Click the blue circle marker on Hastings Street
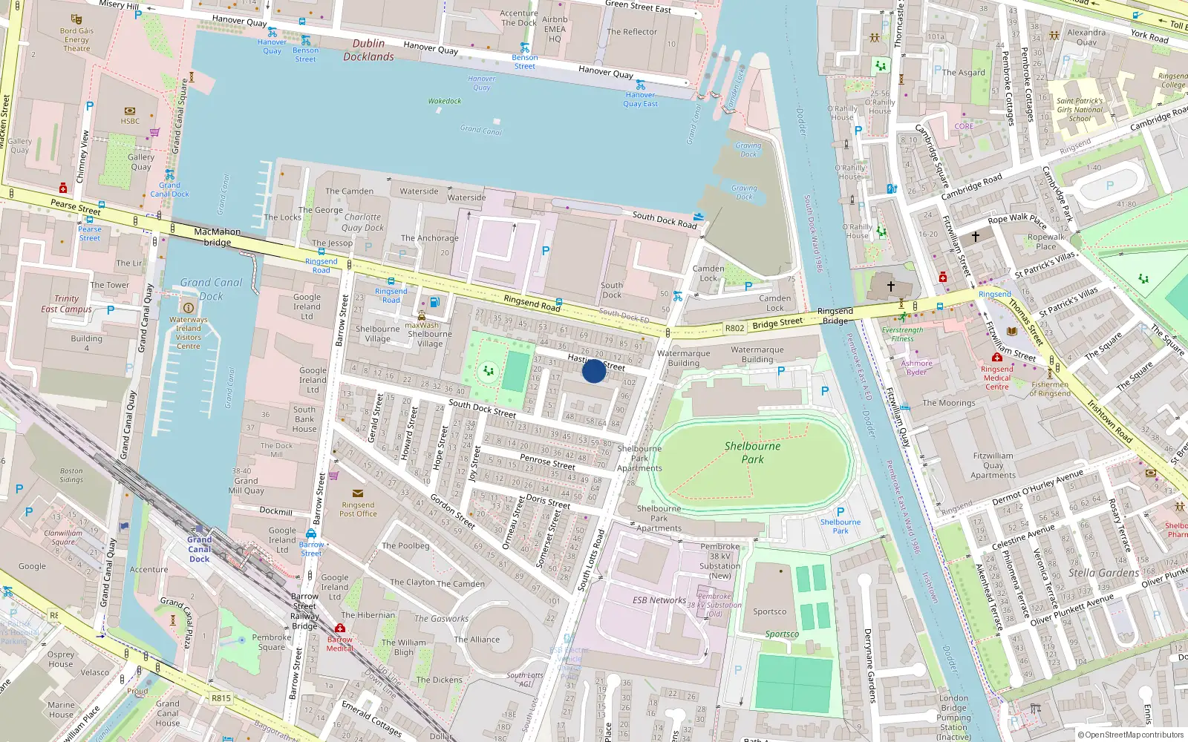click(593, 371)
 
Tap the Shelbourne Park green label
click(752, 453)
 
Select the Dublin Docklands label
click(368, 50)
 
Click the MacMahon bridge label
click(217, 237)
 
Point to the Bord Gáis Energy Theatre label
click(76, 40)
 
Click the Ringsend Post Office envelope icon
click(358, 493)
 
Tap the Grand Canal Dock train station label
click(199, 550)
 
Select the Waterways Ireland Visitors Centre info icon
click(188, 307)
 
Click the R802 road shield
click(734, 328)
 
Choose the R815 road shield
click(221, 698)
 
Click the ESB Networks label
click(659, 600)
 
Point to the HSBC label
click(130, 121)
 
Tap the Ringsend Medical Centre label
click(996, 378)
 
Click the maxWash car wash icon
click(421, 316)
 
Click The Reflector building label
click(632, 32)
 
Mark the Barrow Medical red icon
click(340, 628)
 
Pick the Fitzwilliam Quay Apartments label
click(993, 466)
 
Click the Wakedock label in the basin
click(444, 101)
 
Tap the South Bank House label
click(304, 419)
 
